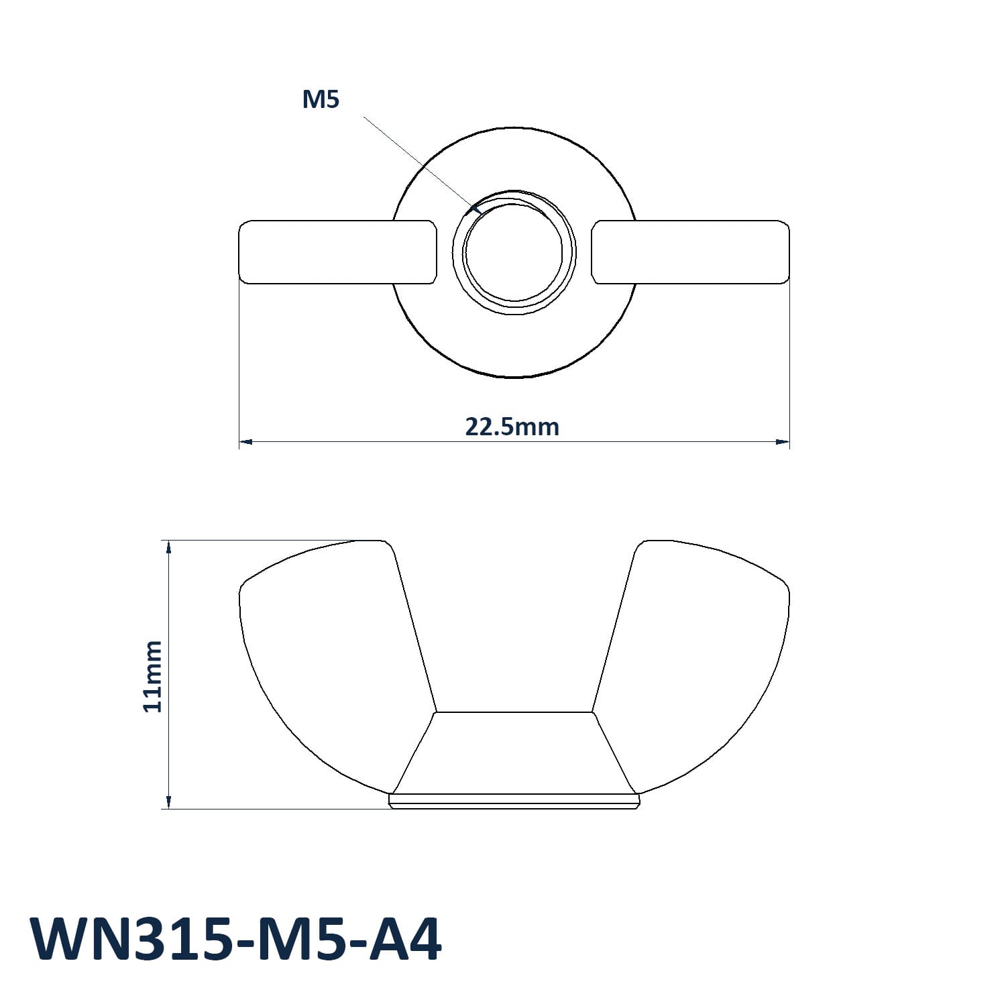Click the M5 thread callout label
pos(321,99)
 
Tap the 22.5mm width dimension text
pos(512,427)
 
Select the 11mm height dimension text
pos(153,676)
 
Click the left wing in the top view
pos(338,252)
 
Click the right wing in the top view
pos(690,252)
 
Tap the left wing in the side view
pos(329,664)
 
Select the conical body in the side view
pos(514,752)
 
